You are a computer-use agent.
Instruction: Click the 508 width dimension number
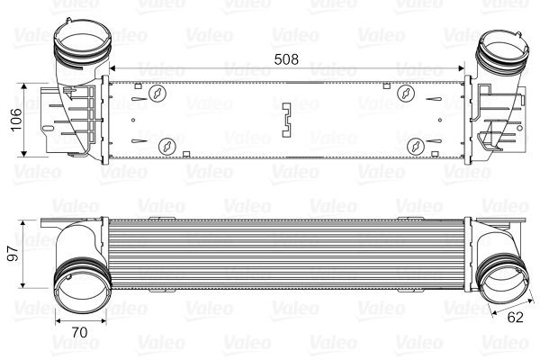tap(285, 61)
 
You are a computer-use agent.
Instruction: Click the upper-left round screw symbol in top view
tap(159, 93)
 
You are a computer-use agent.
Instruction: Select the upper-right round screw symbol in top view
tap(406, 93)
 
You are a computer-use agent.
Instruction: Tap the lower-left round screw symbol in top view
tap(166, 145)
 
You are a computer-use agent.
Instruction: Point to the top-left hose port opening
tap(82, 40)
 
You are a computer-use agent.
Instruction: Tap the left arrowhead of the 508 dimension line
tap(112, 69)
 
